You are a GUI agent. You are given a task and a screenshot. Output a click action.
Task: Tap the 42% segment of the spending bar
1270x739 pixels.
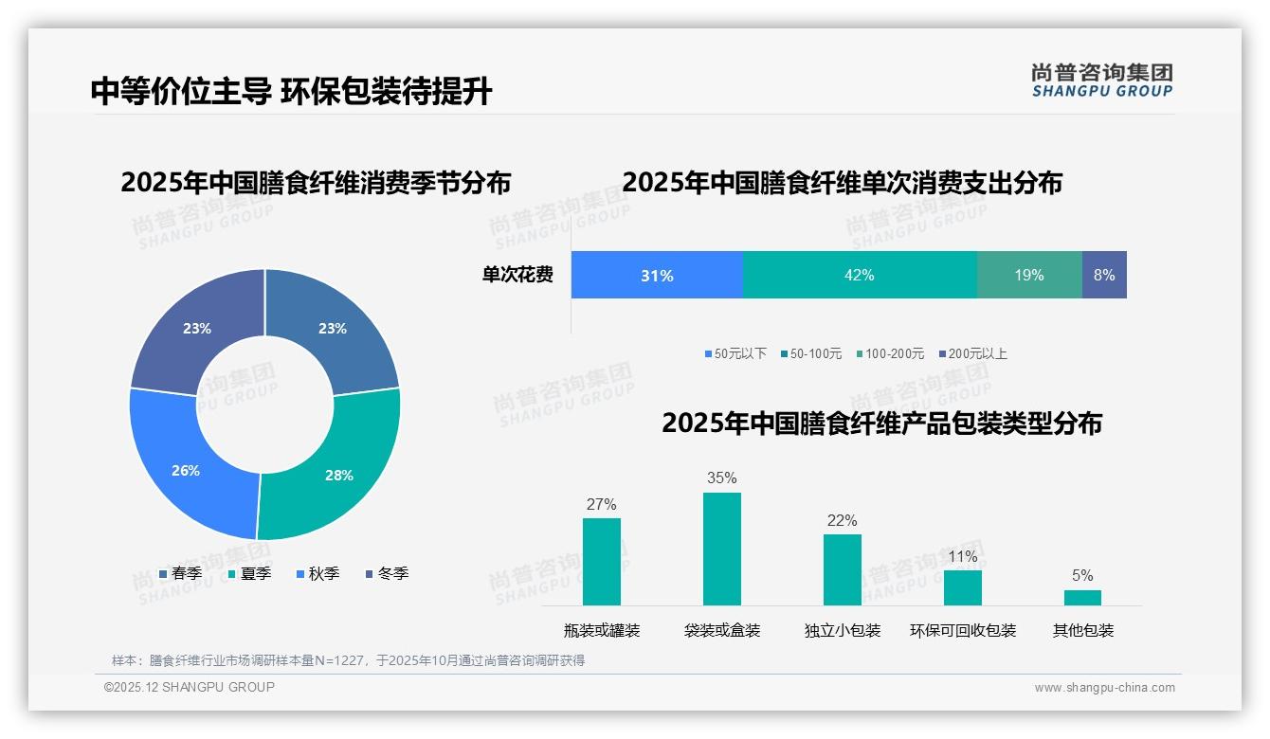tap(859, 275)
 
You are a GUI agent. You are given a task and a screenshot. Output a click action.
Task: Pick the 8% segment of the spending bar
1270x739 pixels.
tap(1104, 275)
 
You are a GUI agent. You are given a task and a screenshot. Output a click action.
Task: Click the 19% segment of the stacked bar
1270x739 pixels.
tap(1029, 275)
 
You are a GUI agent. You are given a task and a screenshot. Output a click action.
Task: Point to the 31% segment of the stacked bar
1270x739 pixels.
tap(657, 275)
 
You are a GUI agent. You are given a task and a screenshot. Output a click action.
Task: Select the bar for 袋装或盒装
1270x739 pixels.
tap(722, 549)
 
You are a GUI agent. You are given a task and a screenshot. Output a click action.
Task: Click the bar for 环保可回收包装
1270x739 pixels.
tap(963, 587)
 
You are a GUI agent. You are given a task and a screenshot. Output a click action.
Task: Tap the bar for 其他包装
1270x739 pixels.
tap(1082, 598)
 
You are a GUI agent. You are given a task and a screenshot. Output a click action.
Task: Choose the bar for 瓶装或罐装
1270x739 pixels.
tap(602, 561)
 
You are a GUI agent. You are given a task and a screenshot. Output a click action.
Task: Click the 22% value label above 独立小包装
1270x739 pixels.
tap(842, 520)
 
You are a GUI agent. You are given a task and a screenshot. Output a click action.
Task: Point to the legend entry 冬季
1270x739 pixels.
tap(387, 573)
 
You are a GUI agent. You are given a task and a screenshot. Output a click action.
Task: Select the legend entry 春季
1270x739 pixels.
tap(180, 573)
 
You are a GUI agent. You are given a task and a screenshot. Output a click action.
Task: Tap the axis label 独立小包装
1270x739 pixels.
tap(843, 630)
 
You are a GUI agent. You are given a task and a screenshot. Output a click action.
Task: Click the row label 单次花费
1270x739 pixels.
tap(517, 275)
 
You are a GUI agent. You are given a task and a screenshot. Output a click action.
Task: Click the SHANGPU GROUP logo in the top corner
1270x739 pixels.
tap(1101, 80)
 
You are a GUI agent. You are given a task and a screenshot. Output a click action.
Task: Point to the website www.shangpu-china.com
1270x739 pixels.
tap(1104, 687)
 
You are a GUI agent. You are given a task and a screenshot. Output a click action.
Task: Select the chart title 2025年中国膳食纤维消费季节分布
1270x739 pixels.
tap(316, 182)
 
